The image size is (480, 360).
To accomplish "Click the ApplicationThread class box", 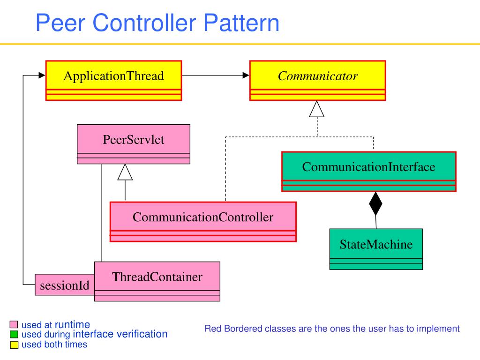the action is point(113,81).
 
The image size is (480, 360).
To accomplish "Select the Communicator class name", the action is point(318,76).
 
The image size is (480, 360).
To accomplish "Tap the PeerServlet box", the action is point(134,144).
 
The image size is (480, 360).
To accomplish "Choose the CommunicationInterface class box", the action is point(369,172).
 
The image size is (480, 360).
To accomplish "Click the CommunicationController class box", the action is point(203,222).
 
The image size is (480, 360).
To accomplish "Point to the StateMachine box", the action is point(376,249).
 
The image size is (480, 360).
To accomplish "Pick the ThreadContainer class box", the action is point(157,281).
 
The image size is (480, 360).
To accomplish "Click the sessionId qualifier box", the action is point(65,285).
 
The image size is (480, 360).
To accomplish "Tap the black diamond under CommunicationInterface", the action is point(375,203).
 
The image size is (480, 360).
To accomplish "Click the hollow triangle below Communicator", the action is point(316,109).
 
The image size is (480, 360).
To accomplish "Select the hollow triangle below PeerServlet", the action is point(125,172).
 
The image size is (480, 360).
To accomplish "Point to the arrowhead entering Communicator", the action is point(246,75).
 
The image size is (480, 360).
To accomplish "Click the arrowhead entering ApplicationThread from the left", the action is point(42,75).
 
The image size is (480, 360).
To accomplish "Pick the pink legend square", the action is point(14,324).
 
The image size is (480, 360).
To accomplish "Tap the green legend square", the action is point(14,334).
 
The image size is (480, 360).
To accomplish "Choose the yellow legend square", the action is point(14,345).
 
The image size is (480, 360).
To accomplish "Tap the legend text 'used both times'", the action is point(54,345).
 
